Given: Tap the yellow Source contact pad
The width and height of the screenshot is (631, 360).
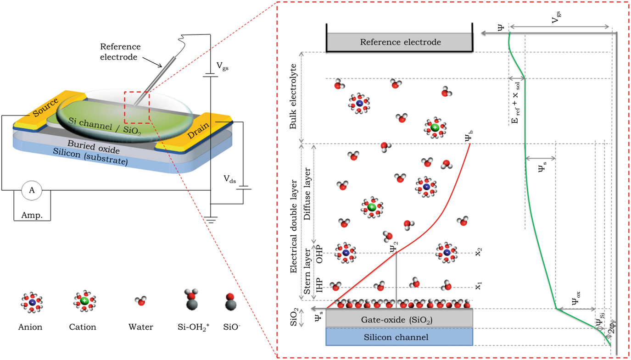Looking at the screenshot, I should [x=46, y=109].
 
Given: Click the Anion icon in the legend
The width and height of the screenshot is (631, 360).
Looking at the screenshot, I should [x=32, y=302].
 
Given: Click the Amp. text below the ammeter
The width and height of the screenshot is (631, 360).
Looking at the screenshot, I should [x=32, y=215].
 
